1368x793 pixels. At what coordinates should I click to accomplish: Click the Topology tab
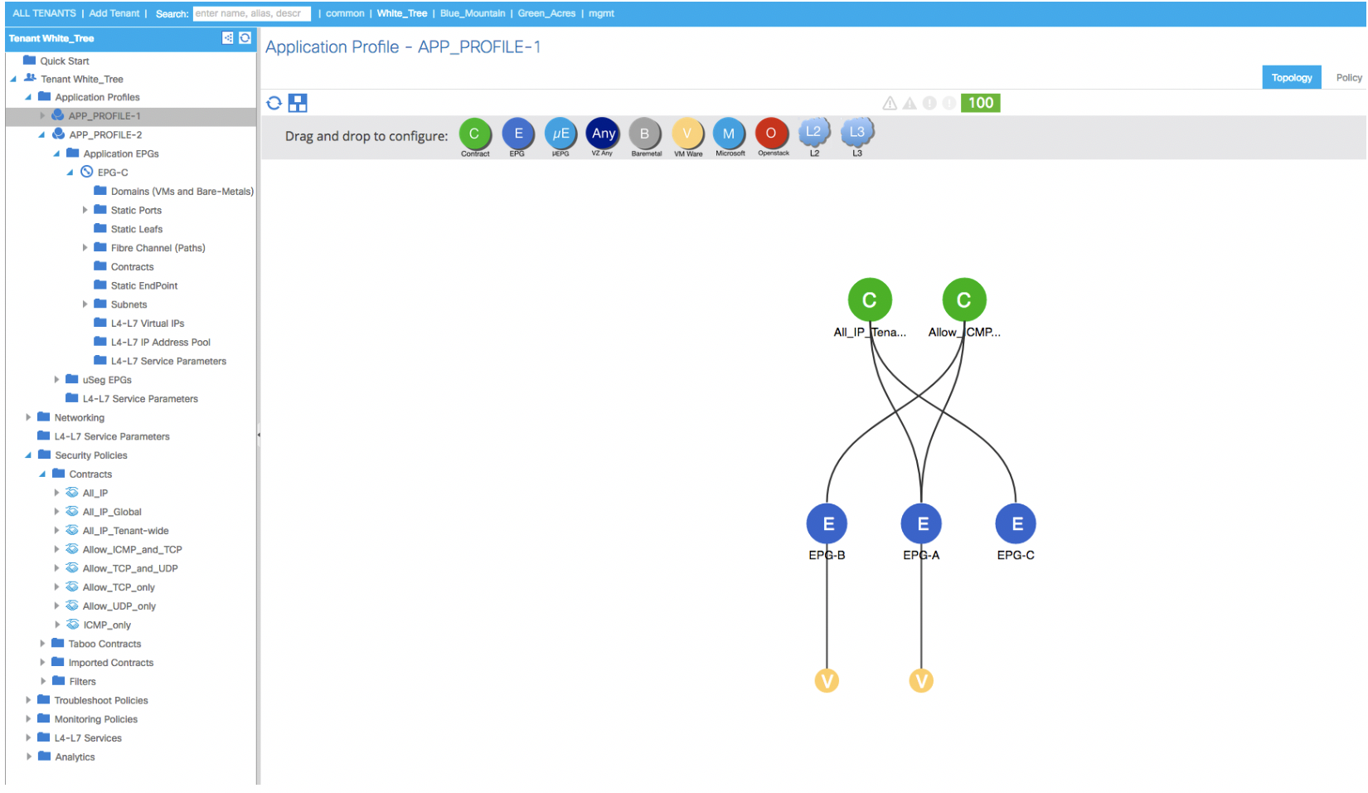point(1291,78)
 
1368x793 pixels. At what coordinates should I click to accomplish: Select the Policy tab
point(1348,78)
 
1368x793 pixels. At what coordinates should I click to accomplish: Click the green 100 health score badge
point(980,103)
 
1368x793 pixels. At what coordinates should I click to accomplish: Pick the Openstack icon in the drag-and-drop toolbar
point(771,134)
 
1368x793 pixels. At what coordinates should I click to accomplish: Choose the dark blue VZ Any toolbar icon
point(603,134)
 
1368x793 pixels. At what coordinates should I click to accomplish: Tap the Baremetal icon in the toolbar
point(645,134)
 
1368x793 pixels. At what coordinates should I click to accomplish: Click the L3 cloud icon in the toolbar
point(856,132)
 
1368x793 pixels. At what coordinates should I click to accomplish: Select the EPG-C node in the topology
point(1016,523)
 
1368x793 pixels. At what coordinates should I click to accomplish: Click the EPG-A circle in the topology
point(922,523)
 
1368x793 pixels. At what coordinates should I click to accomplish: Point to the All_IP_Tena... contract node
point(870,300)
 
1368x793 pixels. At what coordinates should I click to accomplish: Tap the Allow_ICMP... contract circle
point(964,300)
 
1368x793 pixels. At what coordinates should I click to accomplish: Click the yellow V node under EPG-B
point(827,680)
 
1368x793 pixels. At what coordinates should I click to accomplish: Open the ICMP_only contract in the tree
point(107,625)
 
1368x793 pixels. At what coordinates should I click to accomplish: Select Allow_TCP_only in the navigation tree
point(119,587)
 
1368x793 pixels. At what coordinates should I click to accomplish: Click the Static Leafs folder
point(136,229)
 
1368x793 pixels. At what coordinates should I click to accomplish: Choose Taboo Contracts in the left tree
point(104,644)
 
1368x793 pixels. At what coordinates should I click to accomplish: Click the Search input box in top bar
point(251,13)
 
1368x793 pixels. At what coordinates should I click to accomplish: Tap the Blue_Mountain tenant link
point(473,13)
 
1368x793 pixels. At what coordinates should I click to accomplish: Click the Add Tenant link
point(114,13)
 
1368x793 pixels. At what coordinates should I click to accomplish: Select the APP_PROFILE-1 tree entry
point(104,115)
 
